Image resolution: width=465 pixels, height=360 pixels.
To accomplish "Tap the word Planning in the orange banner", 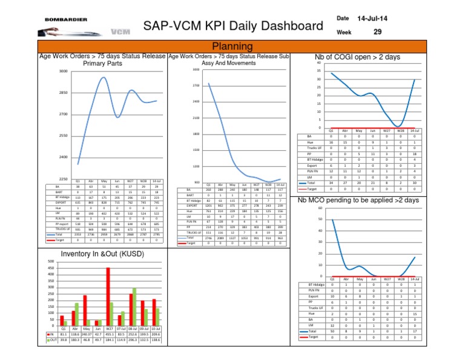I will [232, 47].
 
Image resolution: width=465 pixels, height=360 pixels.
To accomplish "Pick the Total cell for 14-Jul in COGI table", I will [414, 182].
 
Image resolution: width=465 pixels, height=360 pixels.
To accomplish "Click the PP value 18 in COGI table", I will [414, 155].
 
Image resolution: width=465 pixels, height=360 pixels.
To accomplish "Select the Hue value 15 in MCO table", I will [414, 315].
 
